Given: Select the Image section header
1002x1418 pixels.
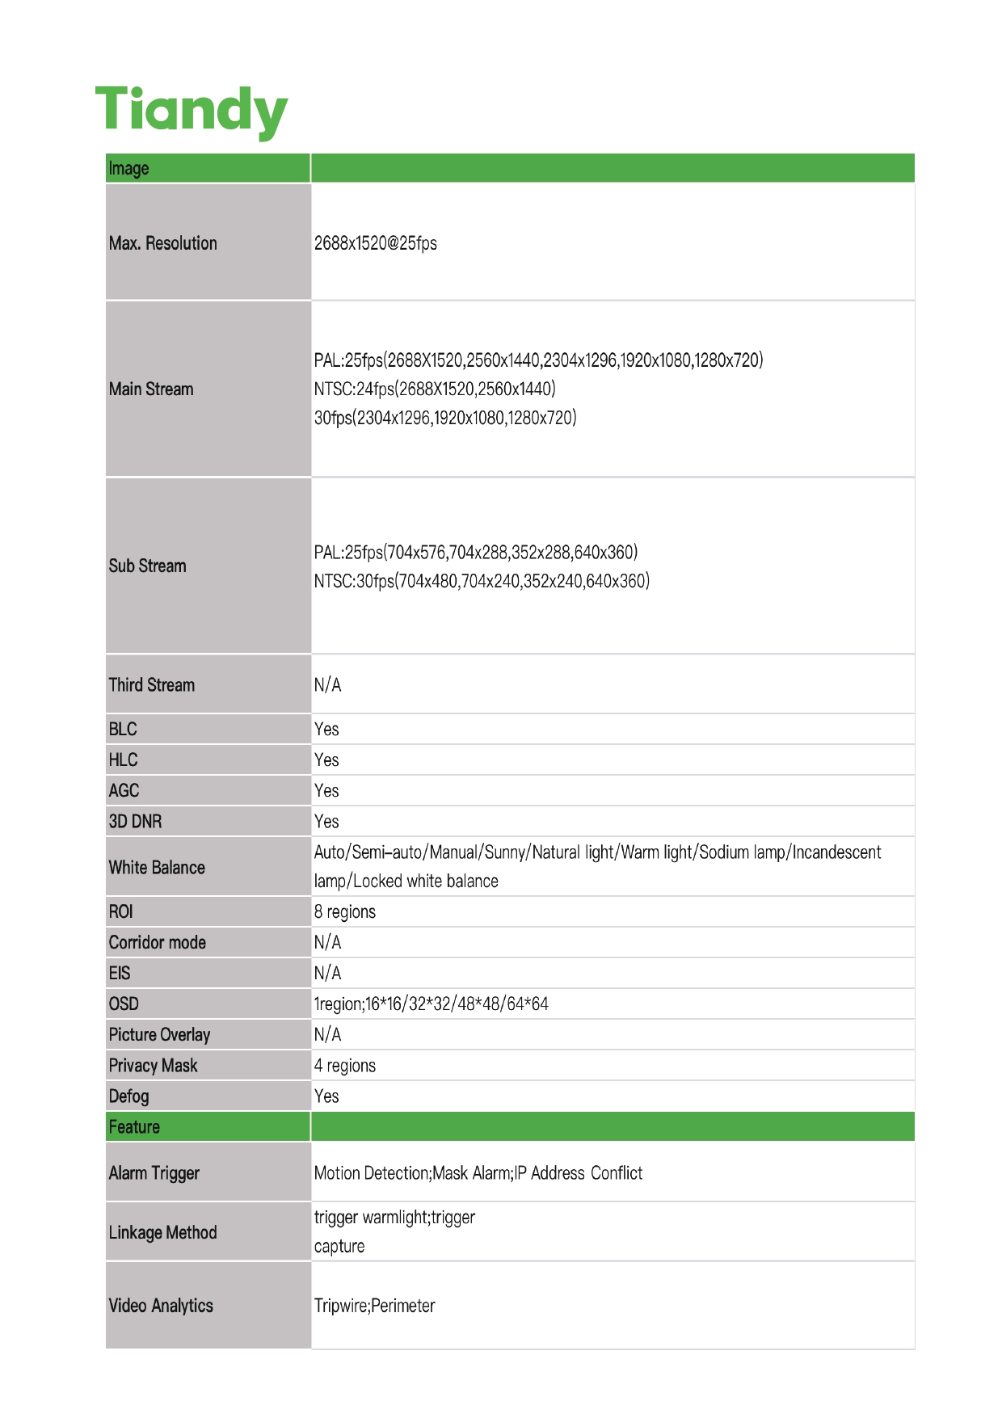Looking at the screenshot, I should (x=129, y=168).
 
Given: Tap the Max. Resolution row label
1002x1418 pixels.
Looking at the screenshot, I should (x=163, y=243).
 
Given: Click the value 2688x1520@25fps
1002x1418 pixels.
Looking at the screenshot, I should (x=375, y=243).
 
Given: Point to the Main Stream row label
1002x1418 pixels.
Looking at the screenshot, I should (x=151, y=389).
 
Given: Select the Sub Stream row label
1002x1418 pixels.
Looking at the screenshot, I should (x=148, y=566).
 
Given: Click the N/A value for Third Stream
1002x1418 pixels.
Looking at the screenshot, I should (x=327, y=685).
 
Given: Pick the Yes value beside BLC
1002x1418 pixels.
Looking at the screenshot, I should (x=326, y=729).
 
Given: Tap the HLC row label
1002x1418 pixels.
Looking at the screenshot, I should (x=124, y=759).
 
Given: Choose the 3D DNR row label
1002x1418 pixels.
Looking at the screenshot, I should (x=136, y=821).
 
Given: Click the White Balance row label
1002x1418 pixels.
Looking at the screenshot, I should (x=157, y=867).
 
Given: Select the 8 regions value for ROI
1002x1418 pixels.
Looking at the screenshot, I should (x=345, y=911).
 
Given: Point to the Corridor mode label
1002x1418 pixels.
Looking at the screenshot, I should (x=158, y=942).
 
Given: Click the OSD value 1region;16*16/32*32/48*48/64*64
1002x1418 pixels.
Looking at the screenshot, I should (x=432, y=1004).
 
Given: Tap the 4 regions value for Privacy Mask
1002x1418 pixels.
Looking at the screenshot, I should (x=345, y=1065).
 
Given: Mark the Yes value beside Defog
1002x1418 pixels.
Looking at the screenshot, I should (x=326, y=1096).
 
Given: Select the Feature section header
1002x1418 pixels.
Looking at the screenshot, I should (x=134, y=1126).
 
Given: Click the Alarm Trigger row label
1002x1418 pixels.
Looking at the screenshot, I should (x=154, y=1172).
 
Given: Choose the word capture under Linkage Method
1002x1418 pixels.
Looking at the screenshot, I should (x=339, y=1246).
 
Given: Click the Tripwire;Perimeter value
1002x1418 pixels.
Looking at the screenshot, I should (x=374, y=1306).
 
